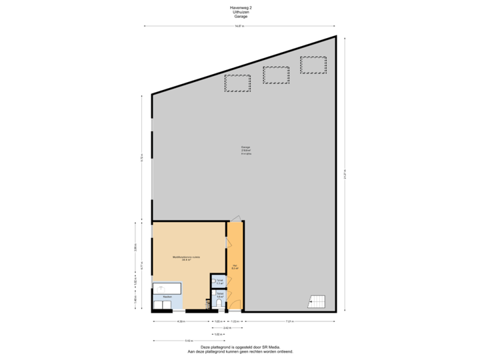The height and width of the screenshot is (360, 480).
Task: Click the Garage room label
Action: pos(247,150)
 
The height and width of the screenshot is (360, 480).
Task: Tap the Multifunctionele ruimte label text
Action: pos(182,257)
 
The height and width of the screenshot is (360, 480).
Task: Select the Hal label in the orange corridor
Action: pos(235,267)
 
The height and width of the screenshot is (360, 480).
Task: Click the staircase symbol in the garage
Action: pos(315,302)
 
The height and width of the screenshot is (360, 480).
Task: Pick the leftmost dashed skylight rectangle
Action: pos(237,84)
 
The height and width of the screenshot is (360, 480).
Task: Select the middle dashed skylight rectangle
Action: pos(275,75)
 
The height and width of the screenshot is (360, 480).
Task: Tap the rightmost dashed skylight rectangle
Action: pos(313,65)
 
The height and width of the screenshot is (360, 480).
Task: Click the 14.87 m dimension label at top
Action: pos(239,26)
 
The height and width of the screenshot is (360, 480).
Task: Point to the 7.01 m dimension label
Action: pos(289,321)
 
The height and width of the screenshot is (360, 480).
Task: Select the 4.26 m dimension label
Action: pos(180,321)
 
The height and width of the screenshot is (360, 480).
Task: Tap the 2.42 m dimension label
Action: pos(227,327)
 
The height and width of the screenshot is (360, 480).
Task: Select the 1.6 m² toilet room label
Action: pos(219,294)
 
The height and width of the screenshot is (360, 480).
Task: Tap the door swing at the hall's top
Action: pos(235,217)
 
